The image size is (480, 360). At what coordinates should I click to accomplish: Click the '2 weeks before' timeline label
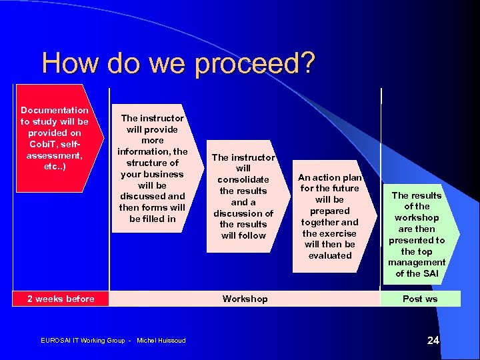[x=61, y=299]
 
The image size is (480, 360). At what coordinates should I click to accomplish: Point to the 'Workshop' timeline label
[x=245, y=299]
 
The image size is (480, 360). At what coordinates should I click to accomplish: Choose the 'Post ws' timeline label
[x=420, y=299]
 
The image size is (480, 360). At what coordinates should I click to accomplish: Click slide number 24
[x=433, y=341]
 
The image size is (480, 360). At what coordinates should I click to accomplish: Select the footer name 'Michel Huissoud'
[x=161, y=341]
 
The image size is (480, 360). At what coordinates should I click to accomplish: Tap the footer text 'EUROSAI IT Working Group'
[x=83, y=341]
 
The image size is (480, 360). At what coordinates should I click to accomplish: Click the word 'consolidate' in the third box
[x=243, y=179]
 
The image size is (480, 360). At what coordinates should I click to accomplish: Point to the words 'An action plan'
[x=329, y=177]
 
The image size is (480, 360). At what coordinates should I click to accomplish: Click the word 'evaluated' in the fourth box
[x=329, y=255]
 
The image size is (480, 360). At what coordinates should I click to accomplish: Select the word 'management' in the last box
[x=417, y=262]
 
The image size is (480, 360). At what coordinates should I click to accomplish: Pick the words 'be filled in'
[x=153, y=219]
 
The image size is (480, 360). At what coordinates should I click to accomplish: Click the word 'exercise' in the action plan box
[x=337, y=233]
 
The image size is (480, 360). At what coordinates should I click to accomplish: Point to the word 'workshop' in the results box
[x=417, y=217]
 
